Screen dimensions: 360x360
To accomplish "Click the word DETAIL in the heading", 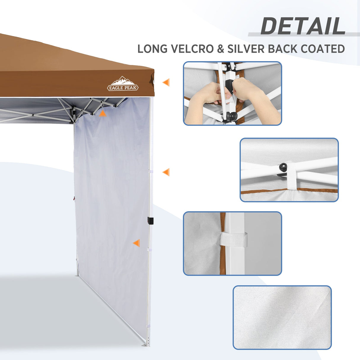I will coord(303,26).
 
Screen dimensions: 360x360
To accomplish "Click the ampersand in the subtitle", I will coord(220,49).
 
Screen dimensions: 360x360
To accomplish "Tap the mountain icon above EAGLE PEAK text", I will coord(123,81).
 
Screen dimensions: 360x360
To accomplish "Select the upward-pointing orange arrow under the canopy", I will coord(102,113).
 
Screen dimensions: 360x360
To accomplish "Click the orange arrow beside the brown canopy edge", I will coord(166,82).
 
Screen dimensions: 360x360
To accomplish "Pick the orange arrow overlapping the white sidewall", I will coord(136,243).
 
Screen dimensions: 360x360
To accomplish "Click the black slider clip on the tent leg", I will coord(150,221).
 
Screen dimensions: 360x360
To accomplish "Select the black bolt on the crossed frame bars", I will coord(283,167).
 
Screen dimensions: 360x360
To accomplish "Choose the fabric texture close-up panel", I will coord(282,317).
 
